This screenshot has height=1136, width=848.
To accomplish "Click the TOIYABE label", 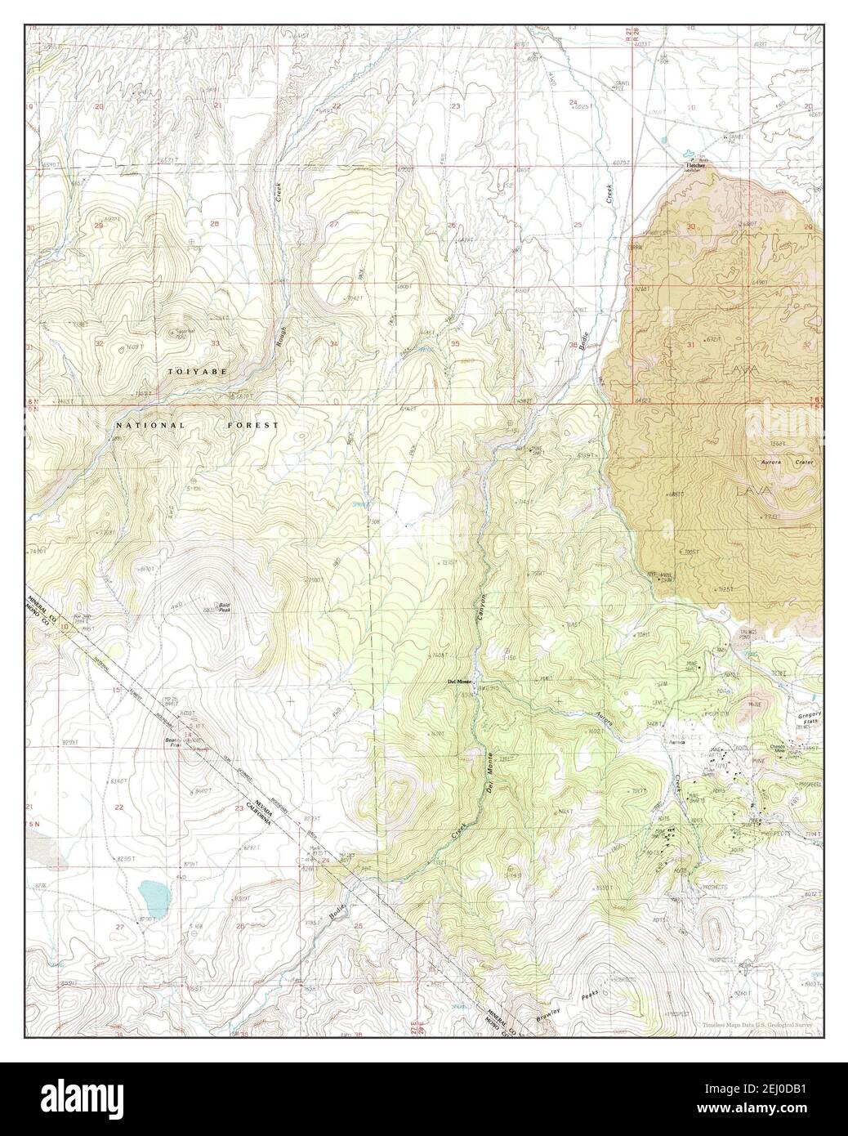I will click(x=197, y=372).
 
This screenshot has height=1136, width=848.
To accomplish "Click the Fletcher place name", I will click(x=694, y=166).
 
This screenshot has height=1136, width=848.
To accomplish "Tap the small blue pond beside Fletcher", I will click(x=689, y=153).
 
